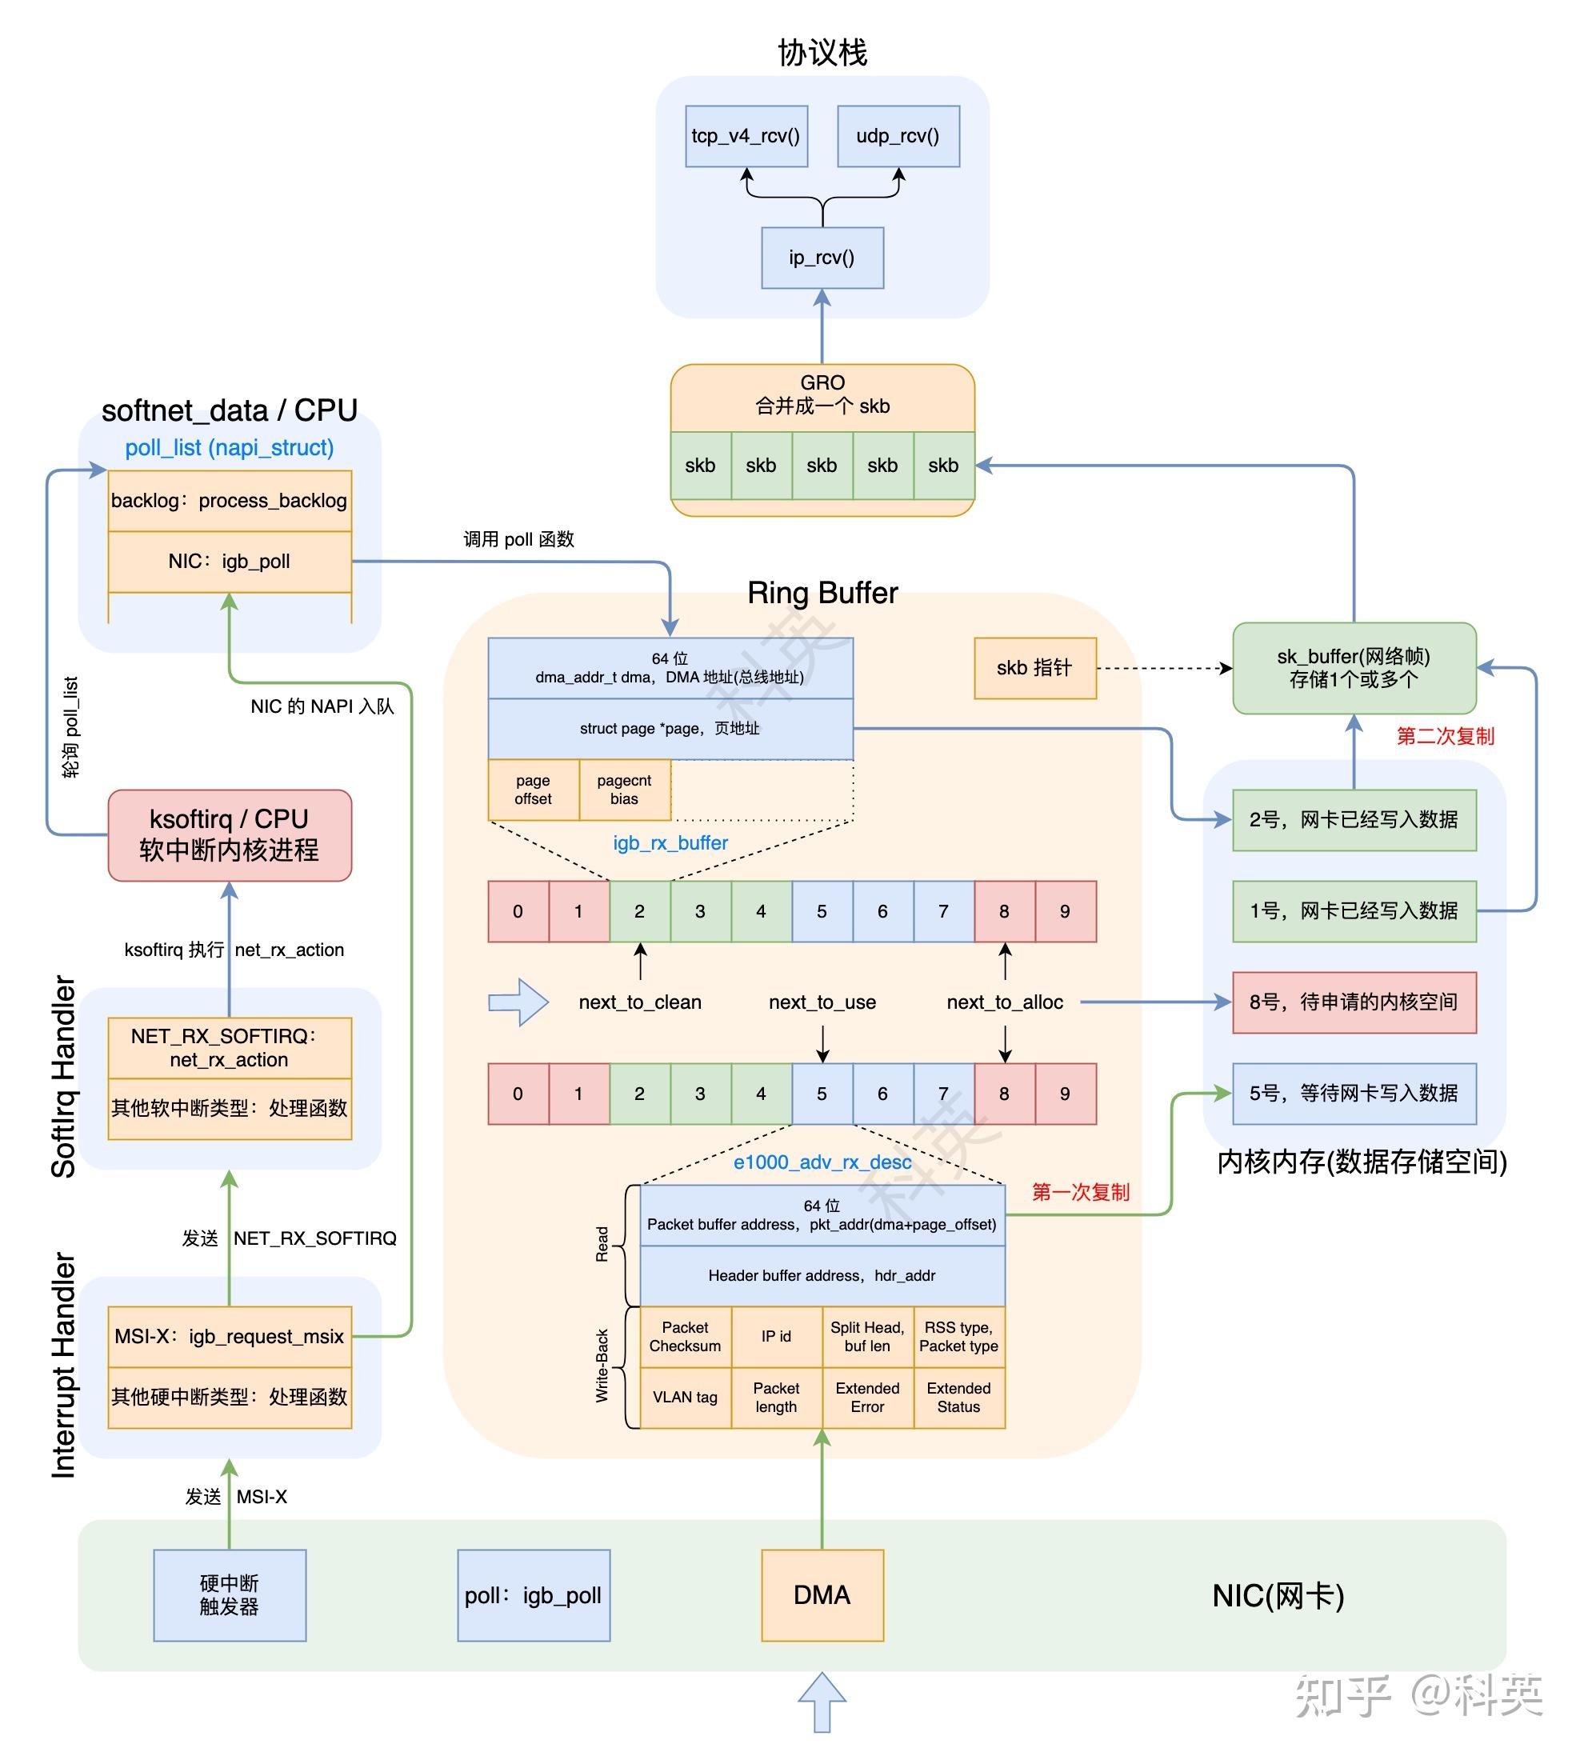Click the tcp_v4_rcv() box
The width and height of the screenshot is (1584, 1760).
pos(746,136)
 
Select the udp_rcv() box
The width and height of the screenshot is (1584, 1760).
pos(898,136)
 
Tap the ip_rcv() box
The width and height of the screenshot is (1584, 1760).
pos(822,258)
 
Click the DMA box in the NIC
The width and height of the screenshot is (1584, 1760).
pos(822,1594)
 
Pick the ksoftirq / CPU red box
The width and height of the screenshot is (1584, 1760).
pos(229,834)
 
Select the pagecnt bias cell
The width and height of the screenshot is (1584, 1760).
pos(624,790)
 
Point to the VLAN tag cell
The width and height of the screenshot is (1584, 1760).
pos(685,1397)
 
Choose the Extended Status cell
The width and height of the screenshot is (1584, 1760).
pos(958,1397)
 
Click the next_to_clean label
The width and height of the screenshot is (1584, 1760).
pos(640,1002)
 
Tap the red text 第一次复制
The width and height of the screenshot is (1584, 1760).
pos(1080,1192)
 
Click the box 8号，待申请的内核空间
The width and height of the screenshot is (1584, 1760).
pos(1354,1002)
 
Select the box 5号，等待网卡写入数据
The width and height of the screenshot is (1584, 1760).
pos(1354,1094)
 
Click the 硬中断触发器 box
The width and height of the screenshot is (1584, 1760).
pos(229,1594)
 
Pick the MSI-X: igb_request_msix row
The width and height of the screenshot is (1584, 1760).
pos(229,1336)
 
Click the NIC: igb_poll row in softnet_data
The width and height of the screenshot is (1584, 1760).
pos(229,562)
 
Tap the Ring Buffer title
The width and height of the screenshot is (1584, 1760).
pos(822,593)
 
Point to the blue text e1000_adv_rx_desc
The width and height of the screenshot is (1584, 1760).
pos(822,1162)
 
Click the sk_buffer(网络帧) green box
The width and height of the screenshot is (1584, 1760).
pos(1354,668)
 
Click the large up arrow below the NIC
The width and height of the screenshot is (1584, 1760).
pos(822,1702)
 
